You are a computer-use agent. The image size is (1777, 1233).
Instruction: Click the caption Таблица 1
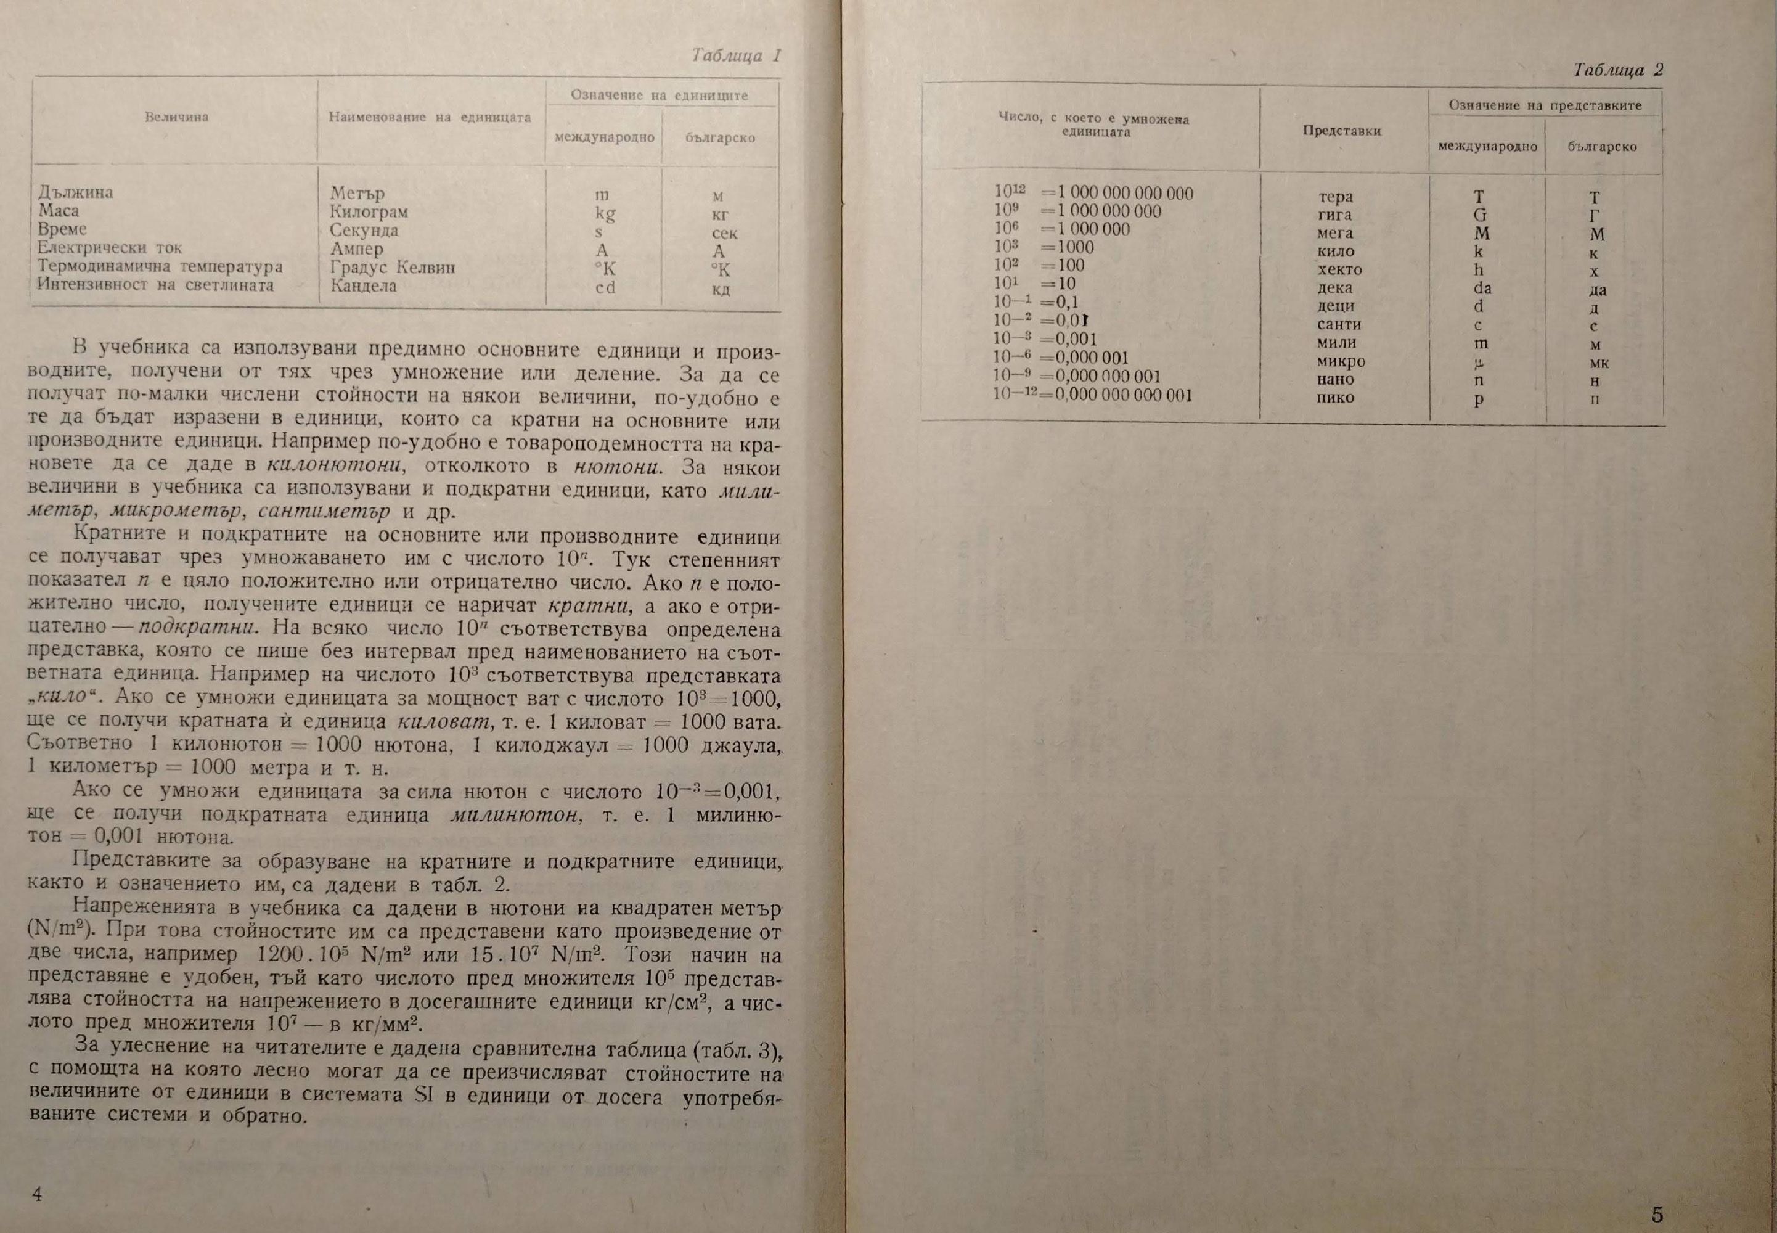click(x=736, y=55)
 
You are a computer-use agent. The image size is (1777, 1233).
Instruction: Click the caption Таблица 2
click(x=1618, y=70)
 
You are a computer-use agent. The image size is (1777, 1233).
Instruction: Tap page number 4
click(x=37, y=1193)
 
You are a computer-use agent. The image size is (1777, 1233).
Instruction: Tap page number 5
click(x=1657, y=1214)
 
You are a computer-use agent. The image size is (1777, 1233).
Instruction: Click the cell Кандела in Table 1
click(x=363, y=286)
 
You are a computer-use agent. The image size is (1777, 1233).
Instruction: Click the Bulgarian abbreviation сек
click(x=724, y=232)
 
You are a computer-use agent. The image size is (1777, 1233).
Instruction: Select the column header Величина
click(x=177, y=117)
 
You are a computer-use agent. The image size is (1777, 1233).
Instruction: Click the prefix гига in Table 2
click(x=1334, y=215)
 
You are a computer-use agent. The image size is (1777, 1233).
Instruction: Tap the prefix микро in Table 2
click(x=1341, y=361)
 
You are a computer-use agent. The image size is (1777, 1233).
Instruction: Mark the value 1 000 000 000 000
click(x=1124, y=193)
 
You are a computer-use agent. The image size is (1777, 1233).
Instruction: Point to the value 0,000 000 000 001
click(x=1123, y=396)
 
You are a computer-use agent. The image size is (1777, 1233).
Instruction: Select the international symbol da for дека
click(x=1482, y=288)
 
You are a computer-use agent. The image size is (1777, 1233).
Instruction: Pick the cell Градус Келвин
click(x=392, y=268)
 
